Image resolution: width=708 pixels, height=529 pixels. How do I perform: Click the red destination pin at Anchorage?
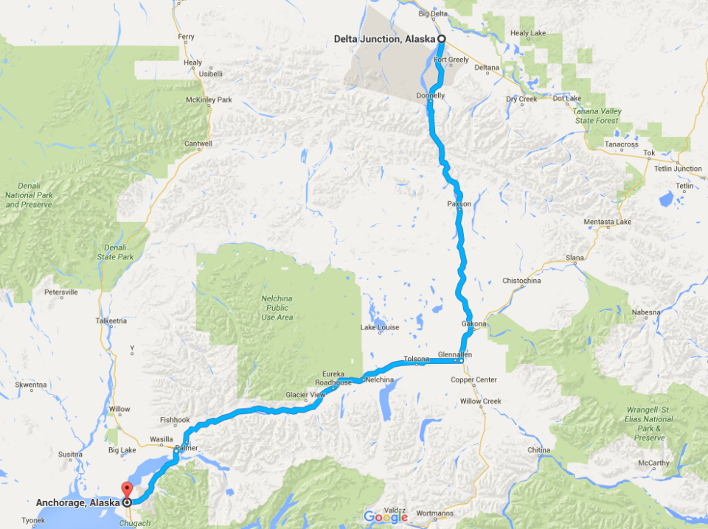pos(125,490)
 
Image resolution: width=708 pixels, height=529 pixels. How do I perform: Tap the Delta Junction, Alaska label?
pos(385,39)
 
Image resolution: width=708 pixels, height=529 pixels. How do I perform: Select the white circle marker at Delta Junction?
pos(441,39)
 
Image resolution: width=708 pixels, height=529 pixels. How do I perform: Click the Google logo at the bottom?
pos(386,516)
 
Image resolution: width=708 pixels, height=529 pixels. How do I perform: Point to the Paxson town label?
pos(459,203)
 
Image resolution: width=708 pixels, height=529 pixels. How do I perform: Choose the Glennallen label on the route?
pos(454,354)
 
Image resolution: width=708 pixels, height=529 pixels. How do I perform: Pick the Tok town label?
pos(650,153)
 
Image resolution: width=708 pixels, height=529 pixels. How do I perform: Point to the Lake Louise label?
pos(380,327)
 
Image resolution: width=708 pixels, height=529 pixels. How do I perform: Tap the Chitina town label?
pos(539,450)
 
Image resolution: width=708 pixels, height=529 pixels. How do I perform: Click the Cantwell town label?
pos(198,144)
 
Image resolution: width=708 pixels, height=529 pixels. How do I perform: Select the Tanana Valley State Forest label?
pos(597,116)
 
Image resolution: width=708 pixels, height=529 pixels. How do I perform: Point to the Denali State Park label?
pos(119,252)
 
